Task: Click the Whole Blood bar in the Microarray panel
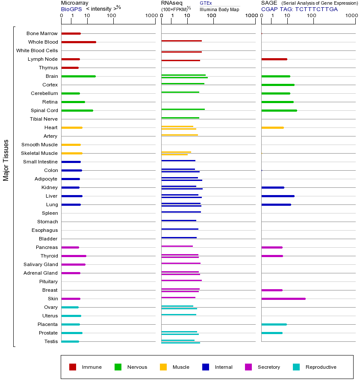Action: [79, 42]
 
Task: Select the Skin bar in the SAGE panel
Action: [283, 299]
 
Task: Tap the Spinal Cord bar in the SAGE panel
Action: [279, 110]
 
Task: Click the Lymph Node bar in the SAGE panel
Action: [274, 59]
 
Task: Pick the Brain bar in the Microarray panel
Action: [78, 76]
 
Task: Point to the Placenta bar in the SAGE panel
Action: [274, 324]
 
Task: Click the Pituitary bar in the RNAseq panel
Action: [181, 280]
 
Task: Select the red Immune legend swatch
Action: [73, 367]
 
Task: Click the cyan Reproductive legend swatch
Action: [296, 367]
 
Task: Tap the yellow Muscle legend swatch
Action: [163, 367]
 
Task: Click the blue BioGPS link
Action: [70, 9]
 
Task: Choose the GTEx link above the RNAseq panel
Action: [206, 3]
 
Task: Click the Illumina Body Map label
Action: [219, 9]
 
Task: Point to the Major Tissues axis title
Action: [6, 160]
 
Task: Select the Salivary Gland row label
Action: [41, 264]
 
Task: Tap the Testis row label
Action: [51, 341]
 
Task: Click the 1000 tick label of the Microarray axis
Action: [151, 16]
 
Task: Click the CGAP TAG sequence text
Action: [299, 9]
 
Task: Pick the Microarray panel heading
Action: [74, 3]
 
